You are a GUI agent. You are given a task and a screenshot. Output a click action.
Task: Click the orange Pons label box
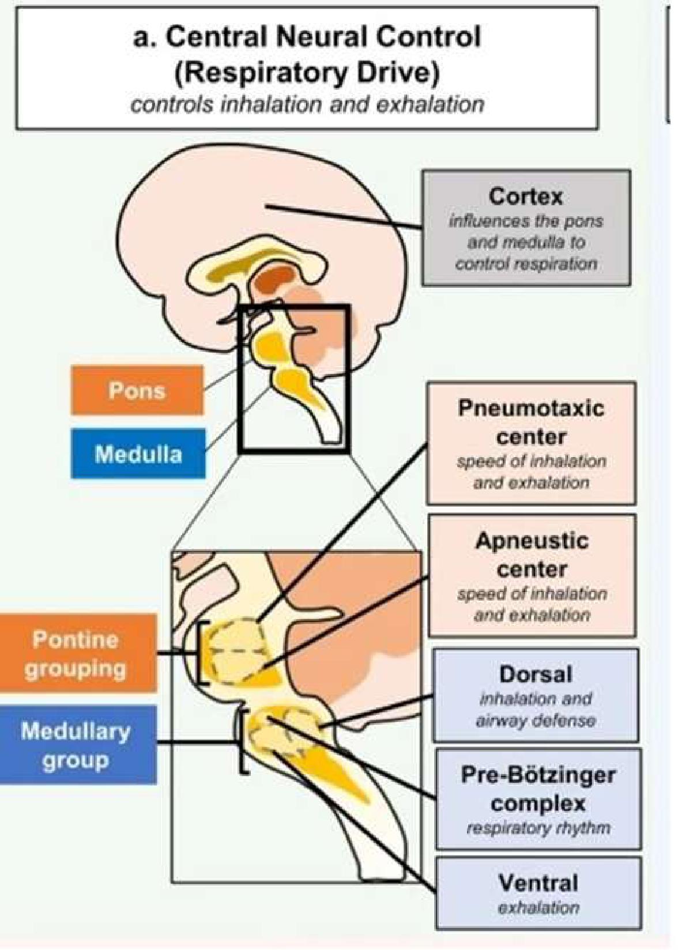[x=137, y=390]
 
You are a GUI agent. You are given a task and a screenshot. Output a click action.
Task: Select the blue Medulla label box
[x=138, y=454]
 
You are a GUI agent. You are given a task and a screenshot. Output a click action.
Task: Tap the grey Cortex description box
[x=526, y=228]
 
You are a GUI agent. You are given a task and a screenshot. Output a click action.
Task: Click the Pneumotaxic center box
[x=531, y=443]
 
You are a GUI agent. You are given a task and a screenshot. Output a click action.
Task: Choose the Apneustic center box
[x=532, y=576]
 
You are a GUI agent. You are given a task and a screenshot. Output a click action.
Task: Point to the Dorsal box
[x=536, y=695]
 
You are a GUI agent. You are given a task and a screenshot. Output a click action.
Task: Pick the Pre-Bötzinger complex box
[x=538, y=799]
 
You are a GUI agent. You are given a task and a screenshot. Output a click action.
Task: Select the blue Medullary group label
[x=77, y=745]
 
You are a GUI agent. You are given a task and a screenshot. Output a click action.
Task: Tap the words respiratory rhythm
[x=538, y=828]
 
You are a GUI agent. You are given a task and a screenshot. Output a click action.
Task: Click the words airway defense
[x=536, y=721]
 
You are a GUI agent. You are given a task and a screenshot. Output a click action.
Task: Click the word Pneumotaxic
[x=531, y=408]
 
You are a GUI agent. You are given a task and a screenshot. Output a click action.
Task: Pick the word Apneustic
[x=532, y=541]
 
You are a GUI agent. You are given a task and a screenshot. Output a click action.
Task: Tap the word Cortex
[x=525, y=197]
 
